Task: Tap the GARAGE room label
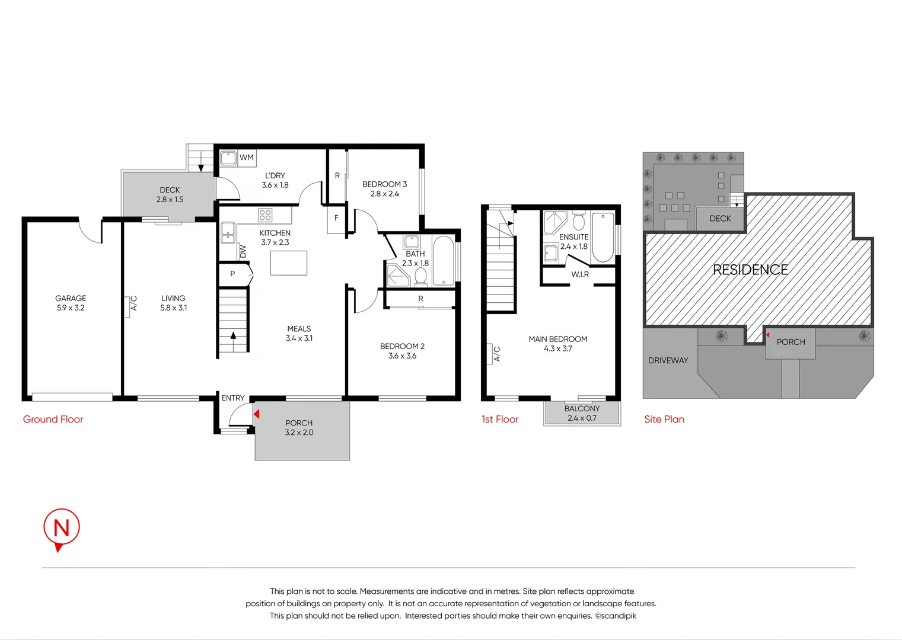pos(71,298)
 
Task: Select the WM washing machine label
pos(247,157)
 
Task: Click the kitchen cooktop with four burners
pos(265,215)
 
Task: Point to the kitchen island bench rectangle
pos(289,263)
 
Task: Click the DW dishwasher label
pos(243,251)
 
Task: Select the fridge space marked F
pos(336,218)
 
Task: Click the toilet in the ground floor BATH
pos(420,277)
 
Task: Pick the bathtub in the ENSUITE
pos(603,238)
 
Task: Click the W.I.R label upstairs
pos(580,274)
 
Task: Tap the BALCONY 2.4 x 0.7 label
pos(582,413)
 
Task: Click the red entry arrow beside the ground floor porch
pos(257,414)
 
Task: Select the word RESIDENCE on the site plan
pos(751,270)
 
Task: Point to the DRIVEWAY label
pos(668,360)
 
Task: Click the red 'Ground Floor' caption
pos(53,419)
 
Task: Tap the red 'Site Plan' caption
pos(664,419)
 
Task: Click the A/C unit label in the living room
pos(134,303)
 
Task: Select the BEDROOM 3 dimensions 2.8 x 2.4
pos(384,194)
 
